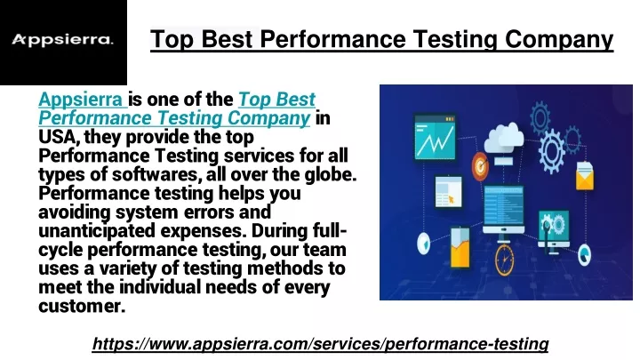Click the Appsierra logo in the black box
62,40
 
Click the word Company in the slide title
559,40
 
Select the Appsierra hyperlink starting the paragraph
81,100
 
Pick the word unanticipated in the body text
97,231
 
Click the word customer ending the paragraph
81,306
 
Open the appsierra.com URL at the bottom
320,344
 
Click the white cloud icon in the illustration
504,138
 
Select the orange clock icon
505,259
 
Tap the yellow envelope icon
585,175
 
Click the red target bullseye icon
480,165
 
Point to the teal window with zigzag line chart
435,137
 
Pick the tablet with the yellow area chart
460,247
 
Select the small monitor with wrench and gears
554,230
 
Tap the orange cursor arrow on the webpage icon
451,200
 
